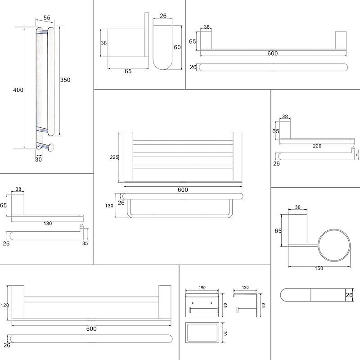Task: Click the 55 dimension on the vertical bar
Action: (x=46, y=18)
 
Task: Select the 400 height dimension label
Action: (x=18, y=90)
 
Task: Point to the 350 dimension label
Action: (x=65, y=80)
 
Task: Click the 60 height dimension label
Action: (x=177, y=47)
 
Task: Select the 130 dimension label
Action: (x=109, y=206)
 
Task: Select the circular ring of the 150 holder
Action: (x=335, y=246)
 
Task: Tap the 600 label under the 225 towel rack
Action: (x=182, y=190)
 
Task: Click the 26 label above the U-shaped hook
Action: (x=163, y=16)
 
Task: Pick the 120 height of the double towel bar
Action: (x=5, y=305)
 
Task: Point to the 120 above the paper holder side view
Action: (x=245, y=287)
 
